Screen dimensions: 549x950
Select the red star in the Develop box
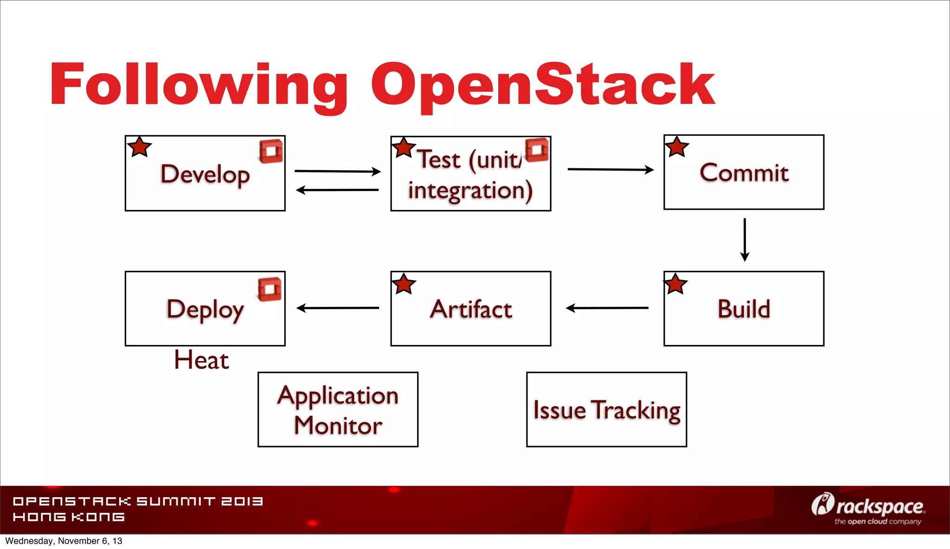click(139, 147)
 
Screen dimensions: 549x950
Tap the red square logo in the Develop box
click(271, 151)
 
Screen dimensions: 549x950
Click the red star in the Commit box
click(677, 147)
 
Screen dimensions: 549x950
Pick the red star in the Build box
click(675, 284)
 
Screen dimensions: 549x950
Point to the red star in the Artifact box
click(404, 284)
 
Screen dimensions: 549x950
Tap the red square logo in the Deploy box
click(270, 289)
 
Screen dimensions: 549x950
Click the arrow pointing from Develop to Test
click(337, 171)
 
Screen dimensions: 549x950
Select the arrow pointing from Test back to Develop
click(337, 190)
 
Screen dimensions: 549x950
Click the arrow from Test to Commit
click(610, 170)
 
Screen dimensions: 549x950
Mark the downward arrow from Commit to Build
click(745, 240)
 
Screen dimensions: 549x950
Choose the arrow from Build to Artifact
click(607, 308)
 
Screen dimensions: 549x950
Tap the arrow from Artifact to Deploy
click(338, 308)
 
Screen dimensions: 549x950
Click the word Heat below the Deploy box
click(201, 360)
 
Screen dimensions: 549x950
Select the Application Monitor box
click(338, 409)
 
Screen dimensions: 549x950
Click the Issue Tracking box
click(606, 409)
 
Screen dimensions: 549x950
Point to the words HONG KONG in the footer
click(69, 517)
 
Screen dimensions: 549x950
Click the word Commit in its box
click(744, 173)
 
